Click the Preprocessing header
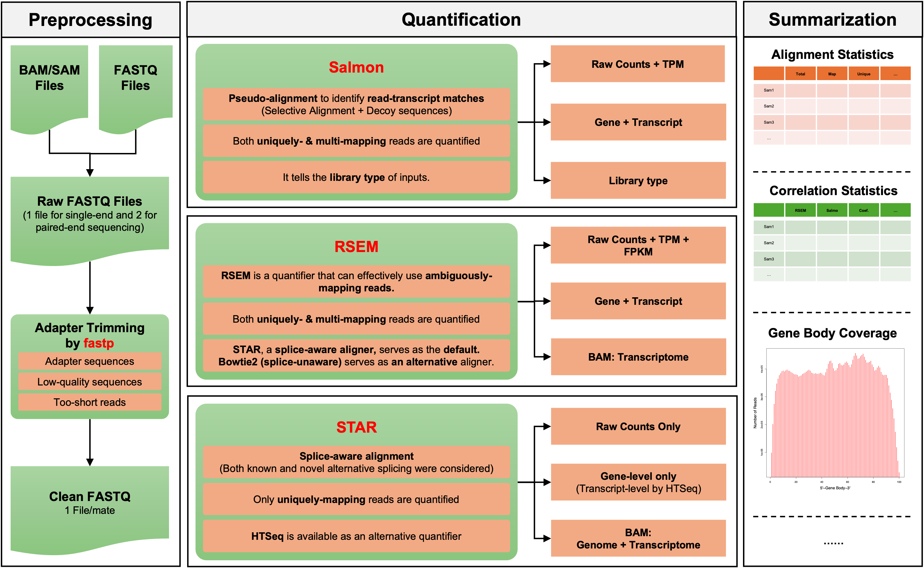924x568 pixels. (90, 20)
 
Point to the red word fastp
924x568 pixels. (99, 343)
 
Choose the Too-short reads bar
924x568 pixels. (90, 402)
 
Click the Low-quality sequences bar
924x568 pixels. (90, 382)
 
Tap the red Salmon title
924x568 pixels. (356, 68)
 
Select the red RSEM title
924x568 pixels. (356, 247)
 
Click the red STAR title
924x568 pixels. (356, 427)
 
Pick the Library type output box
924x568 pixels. (638, 181)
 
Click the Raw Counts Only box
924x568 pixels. (638, 427)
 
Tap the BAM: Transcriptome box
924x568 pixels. (638, 357)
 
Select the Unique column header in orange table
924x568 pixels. (863, 74)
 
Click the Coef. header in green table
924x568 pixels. (863, 210)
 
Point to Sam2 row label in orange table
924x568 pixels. (769, 106)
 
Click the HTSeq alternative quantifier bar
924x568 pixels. (356, 536)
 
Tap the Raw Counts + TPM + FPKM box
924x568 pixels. (638, 245)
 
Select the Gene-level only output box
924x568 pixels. (638, 482)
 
